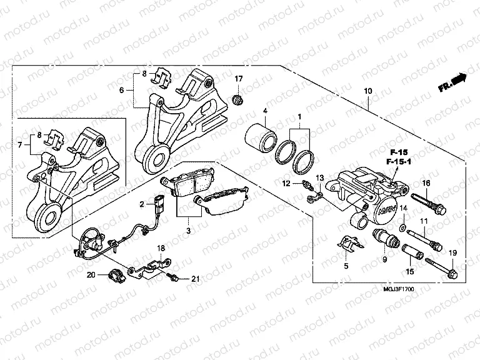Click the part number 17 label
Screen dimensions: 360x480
click(x=237, y=79)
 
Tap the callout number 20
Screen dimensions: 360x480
click(x=91, y=275)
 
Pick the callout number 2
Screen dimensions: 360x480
click(x=142, y=204)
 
